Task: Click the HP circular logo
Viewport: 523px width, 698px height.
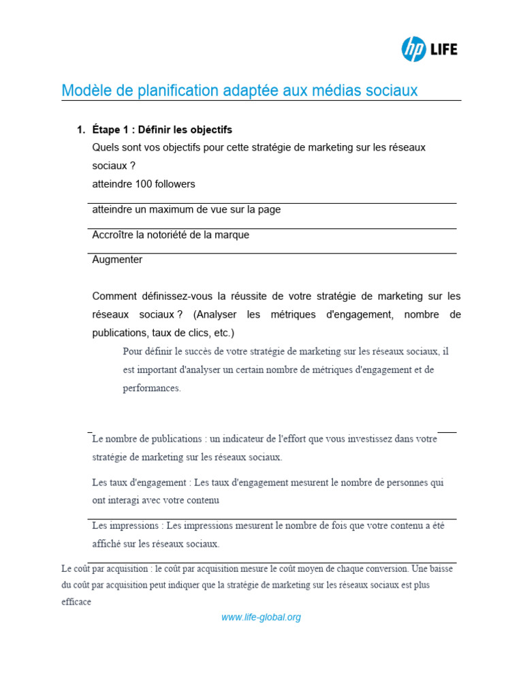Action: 413,49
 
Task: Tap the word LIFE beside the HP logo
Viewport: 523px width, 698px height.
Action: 443,50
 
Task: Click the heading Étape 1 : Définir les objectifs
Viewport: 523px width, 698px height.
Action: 162,130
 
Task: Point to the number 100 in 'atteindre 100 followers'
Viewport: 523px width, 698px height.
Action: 145,184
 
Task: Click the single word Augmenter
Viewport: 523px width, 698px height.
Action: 117,260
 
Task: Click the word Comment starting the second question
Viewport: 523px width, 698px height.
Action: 114,297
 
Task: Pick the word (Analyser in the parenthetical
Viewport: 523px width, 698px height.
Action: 217,315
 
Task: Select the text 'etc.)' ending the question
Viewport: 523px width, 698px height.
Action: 222,333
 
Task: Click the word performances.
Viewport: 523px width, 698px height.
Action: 152,388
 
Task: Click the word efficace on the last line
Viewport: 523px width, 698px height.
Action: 76,603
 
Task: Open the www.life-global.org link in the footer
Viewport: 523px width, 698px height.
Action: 261,618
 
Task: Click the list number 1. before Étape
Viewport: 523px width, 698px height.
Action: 81,130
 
